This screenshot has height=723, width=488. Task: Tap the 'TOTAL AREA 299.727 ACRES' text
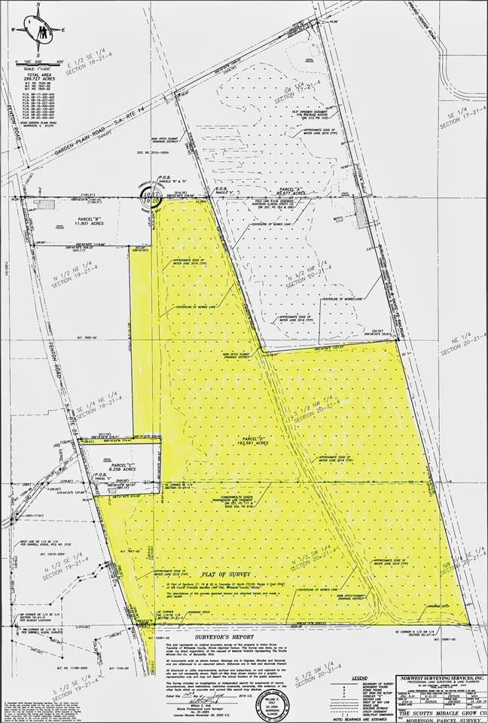pos(36,78)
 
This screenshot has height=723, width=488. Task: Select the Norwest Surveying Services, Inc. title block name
pos(443,678)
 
